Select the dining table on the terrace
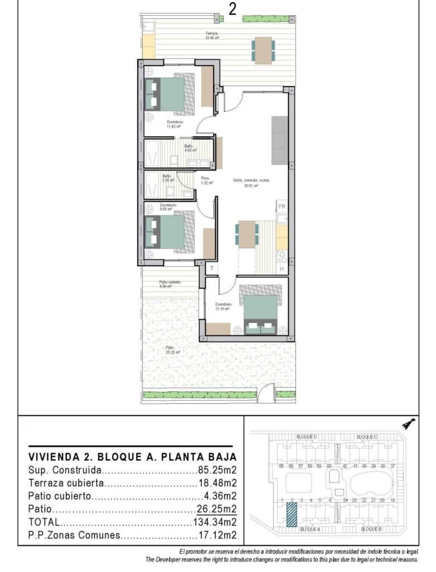point(262,49)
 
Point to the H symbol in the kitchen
point(282,269)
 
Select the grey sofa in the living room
point(279,140)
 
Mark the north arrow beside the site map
point(409,424)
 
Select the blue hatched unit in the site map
point(291,514)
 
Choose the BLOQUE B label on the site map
point(371,528)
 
